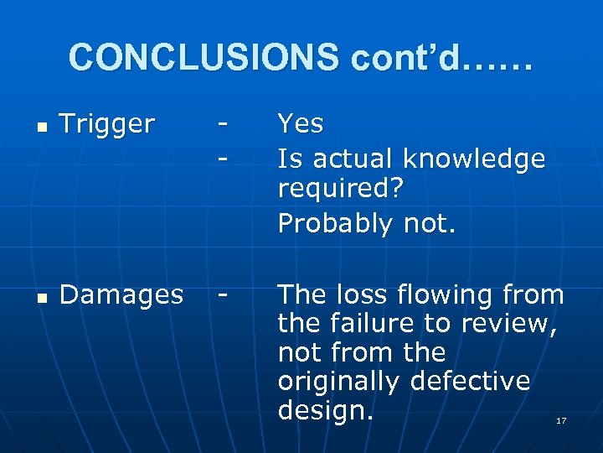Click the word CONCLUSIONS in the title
(204, 57)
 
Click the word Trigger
(107, 124)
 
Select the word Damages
(121, 294)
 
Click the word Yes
(300, 124)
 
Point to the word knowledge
(473, 158)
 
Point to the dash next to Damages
(222, 295)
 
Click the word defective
(470, 381)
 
